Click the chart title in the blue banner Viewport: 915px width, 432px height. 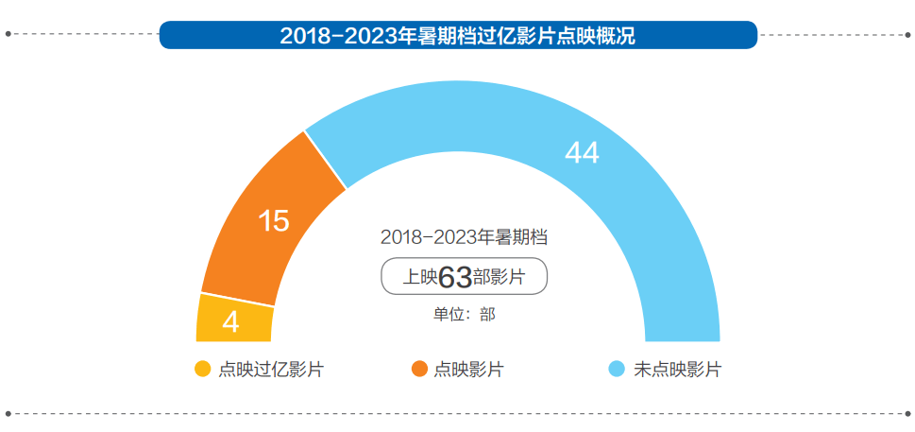click(457, 36)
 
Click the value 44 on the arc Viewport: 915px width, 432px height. click(582, 152)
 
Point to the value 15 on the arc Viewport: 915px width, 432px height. click(274, 221)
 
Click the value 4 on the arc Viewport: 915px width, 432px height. click(230, 323)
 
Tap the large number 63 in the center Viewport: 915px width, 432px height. click(455, 277)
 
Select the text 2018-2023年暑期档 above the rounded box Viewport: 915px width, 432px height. click(465, 236)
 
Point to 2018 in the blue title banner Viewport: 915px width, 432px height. click(303, 36)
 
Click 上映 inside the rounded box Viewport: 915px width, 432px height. click(419, 278)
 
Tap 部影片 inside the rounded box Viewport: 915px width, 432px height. click(500, 278)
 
